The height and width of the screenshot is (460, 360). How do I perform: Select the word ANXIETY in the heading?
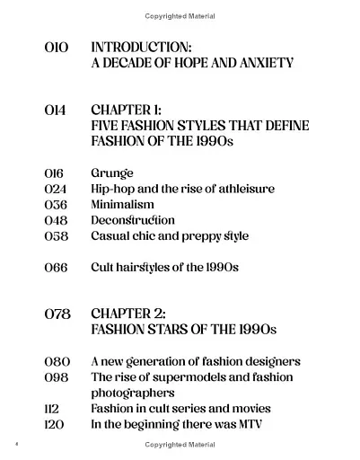[x=262, y=64]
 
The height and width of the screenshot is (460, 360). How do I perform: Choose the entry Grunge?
[x=111, y=172]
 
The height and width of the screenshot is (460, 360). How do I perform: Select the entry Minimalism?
[x=122, y=205]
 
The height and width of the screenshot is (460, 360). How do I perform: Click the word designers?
[x=269, y=361]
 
